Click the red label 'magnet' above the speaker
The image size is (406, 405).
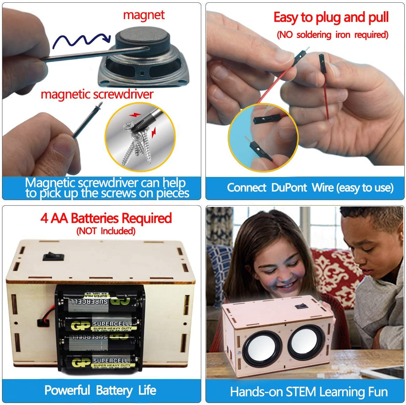tap(143, 15)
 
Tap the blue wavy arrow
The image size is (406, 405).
tap(81, 40)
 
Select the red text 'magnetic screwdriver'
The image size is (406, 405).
tap(97, 94)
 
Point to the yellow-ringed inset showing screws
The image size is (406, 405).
tap(140, 138)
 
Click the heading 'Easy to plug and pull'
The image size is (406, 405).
tap(331, 17)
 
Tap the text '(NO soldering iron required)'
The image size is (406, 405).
tap(332, 35)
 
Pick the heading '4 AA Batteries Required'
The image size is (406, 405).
tap(106, 218)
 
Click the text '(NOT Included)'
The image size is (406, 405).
tap(106, 231)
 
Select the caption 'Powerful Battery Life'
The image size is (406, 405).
tap(100, 390)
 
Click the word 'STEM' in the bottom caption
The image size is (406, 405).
tap(301, 392)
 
